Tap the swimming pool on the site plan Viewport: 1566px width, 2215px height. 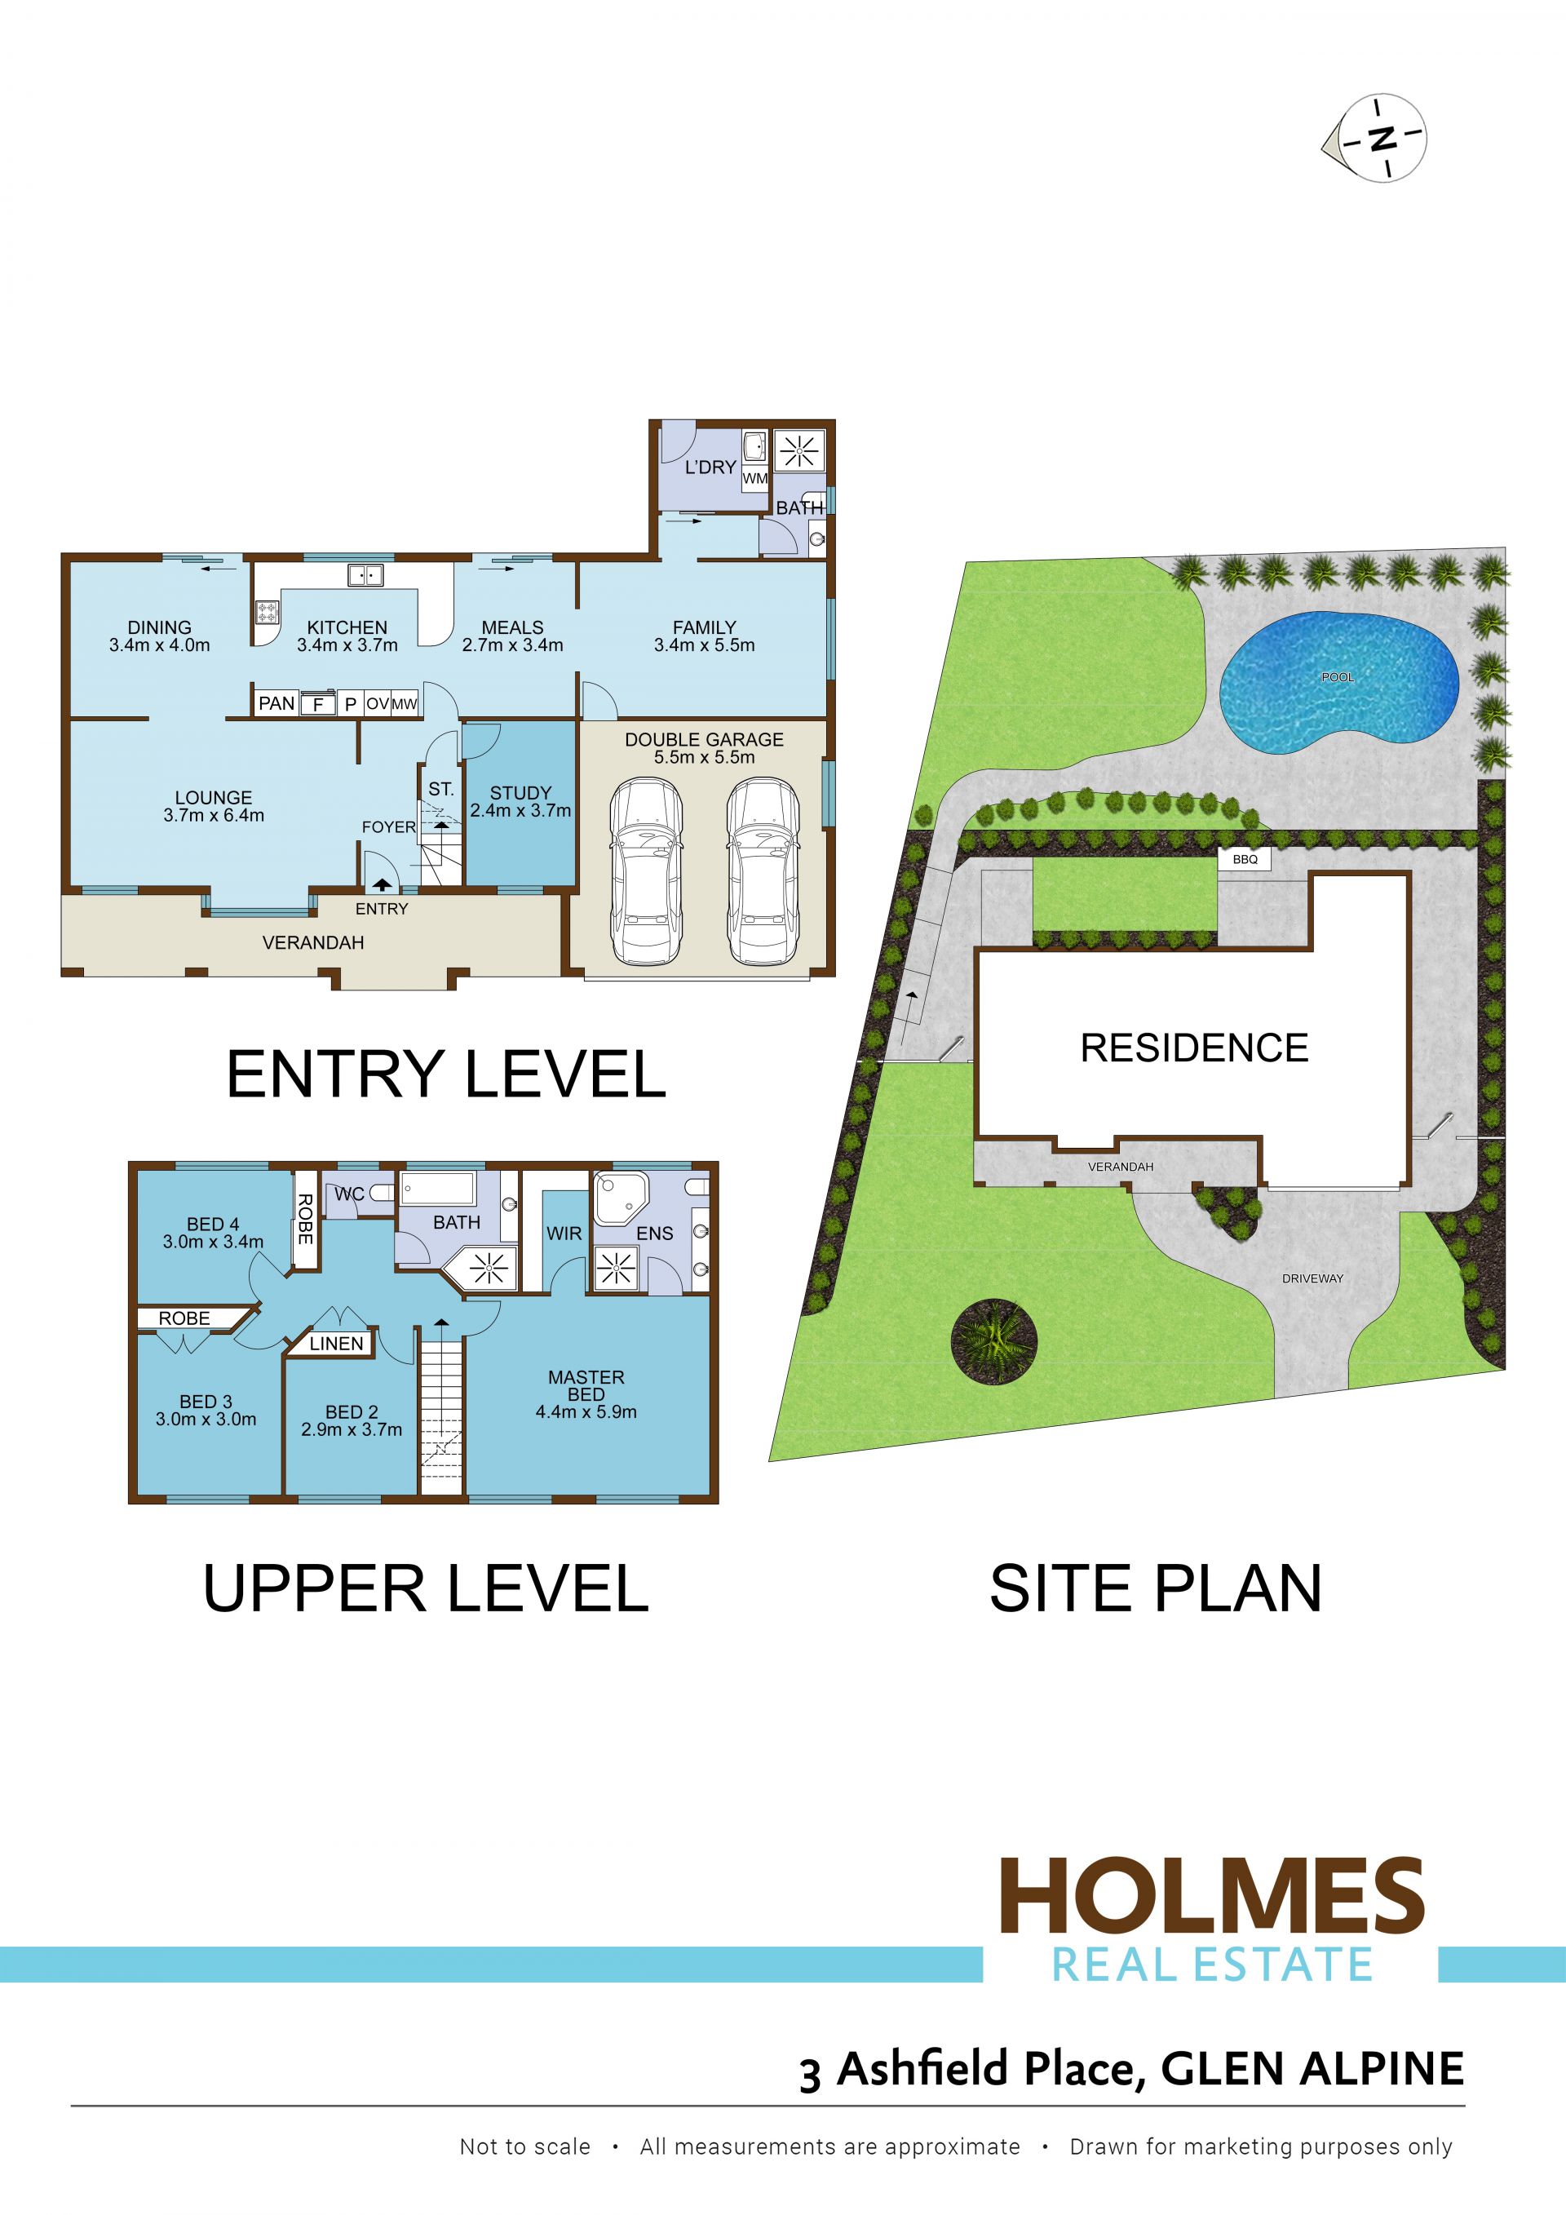click(1338, 681)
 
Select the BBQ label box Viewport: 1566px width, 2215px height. click(1245, 858)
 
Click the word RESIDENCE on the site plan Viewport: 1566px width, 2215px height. click(1194, 1048)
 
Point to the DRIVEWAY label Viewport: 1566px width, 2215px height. click(1312, 1278)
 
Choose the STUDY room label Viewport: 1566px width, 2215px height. click(520, 793)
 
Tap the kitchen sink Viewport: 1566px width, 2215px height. click(365, 575)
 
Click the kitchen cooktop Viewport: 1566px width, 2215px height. click(267, 612)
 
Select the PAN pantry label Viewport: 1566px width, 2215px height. click(276, 703)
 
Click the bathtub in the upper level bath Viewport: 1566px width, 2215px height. click(439, 1189)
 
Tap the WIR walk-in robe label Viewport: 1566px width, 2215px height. click(564, 1234)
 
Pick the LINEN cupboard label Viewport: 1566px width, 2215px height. click(337, 1344)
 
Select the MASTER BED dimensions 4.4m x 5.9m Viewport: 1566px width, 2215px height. click(586, 1411)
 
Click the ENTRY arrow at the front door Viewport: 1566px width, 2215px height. click(382, 883)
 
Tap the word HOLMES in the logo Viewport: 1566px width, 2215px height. click(1212, 1896)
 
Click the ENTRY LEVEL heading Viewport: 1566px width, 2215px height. click(445, 1074)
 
